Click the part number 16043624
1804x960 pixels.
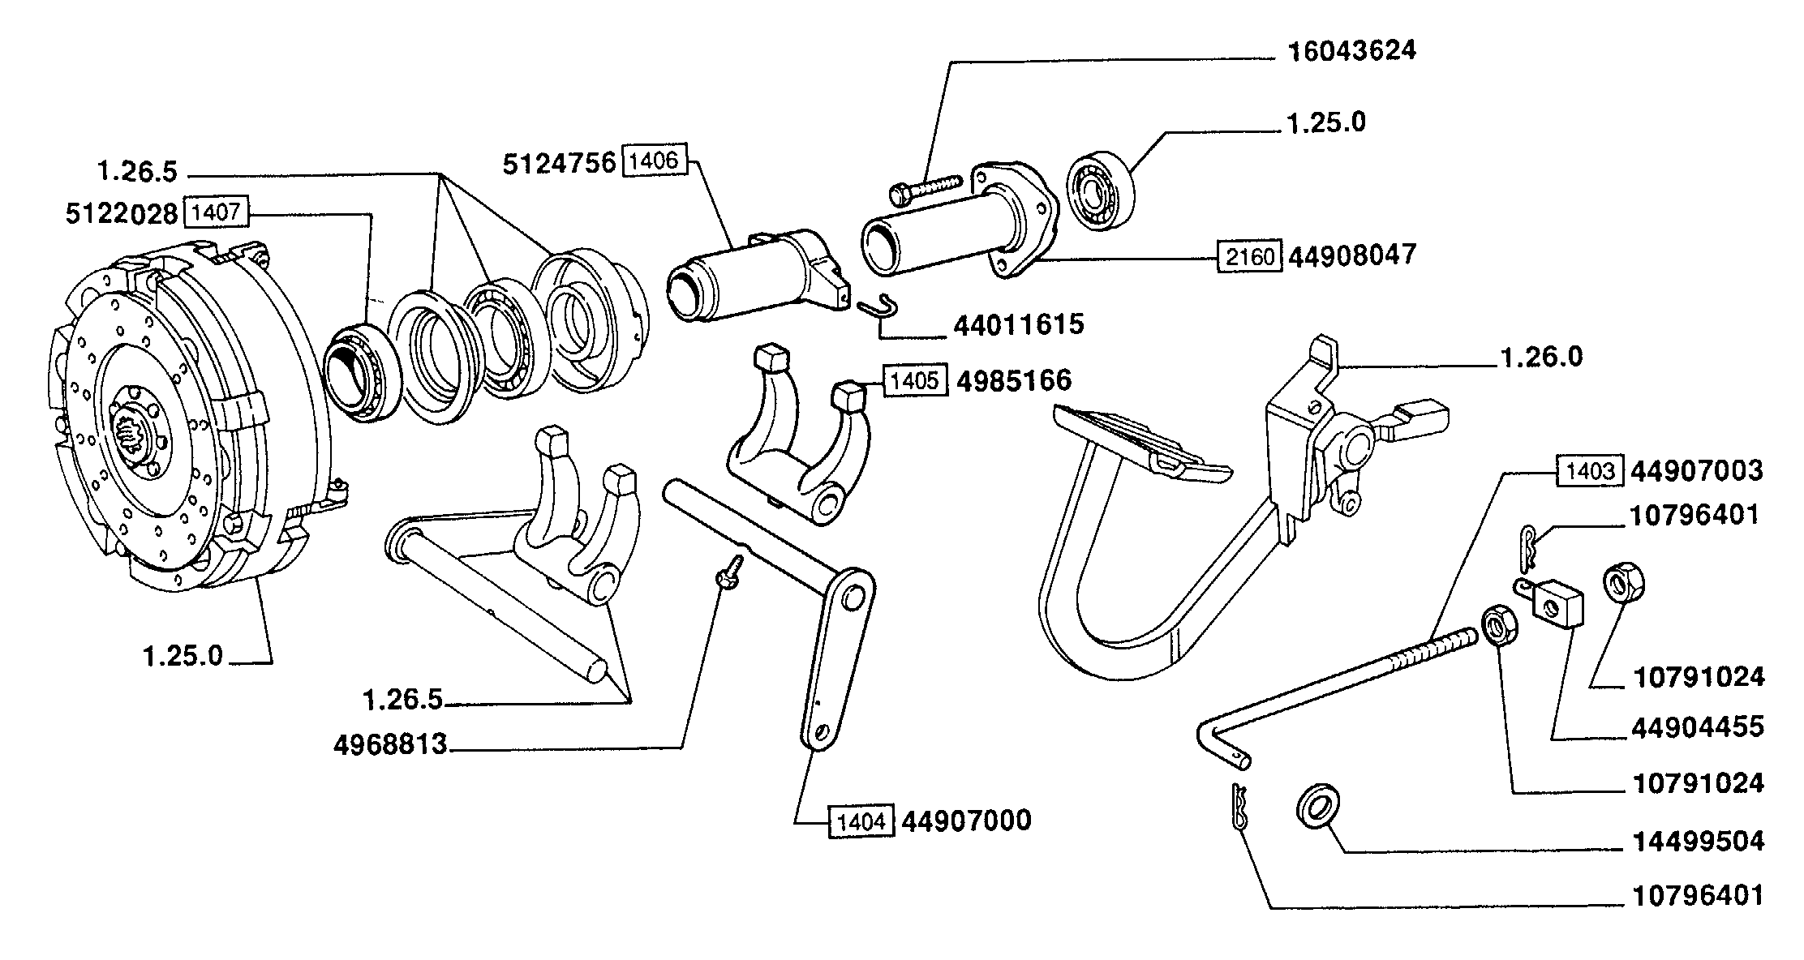coord(1351,51)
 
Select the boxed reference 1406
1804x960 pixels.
coord(654,161)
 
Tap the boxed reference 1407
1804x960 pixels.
coord(217,213)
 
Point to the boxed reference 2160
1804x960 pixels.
coord(1249,257)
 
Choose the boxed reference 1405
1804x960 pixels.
coord(915,380)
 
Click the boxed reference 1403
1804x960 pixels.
coord(1590,472)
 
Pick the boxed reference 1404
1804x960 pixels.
coord(861,821)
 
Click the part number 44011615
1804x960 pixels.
coord(1018,325)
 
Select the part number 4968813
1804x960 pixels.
coord(390,744)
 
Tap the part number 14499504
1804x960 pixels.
coord(1698,842)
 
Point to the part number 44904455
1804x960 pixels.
coord(1698,727)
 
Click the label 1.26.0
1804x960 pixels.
coord(1541,358)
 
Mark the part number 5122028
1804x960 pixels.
coord(122,214)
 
